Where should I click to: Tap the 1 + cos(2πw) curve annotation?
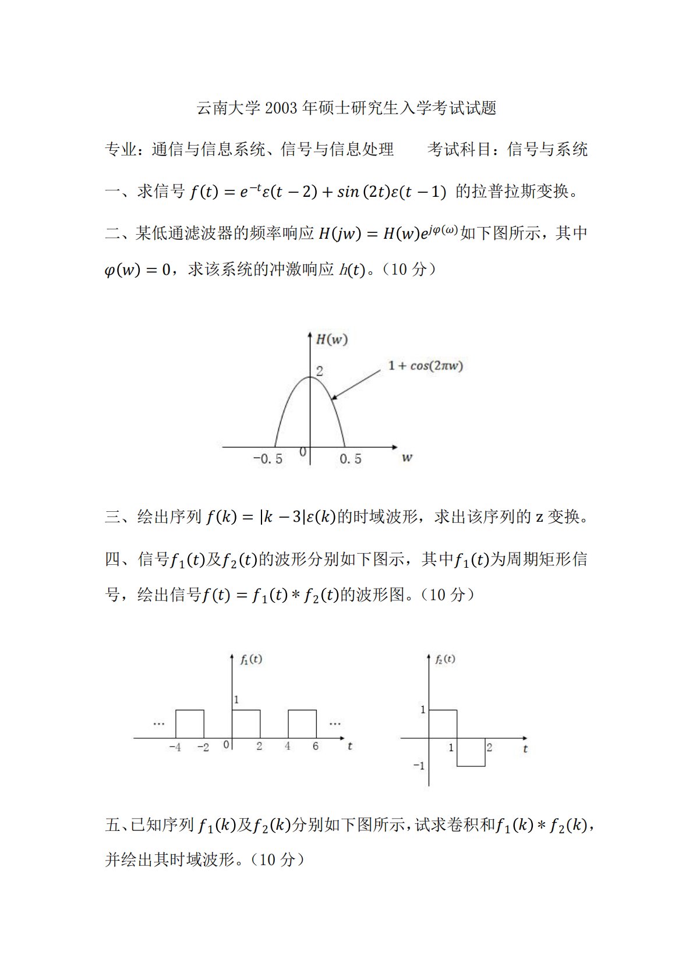point(426,366)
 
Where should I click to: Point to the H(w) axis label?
point(331,339)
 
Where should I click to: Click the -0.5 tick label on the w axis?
point(268,459)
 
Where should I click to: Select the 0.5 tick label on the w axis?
point(350,459)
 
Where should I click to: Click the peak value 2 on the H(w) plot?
point(319,371)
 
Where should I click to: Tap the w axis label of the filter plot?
point(406,458)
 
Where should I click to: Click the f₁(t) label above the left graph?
point(251,659)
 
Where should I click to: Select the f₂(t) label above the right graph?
point(445,659)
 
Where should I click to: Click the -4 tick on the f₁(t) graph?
point(175,747)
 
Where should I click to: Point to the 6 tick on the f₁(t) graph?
point(316,747)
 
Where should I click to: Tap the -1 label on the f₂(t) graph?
point(419,766)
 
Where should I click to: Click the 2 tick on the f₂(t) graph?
point(489,747)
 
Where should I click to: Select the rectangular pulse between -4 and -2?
point(190,724)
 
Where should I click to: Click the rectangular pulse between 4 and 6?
point(302,724)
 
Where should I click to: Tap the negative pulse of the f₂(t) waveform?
point(471,752)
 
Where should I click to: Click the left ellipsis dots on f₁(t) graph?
point(159,724)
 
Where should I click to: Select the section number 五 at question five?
point(112,825)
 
